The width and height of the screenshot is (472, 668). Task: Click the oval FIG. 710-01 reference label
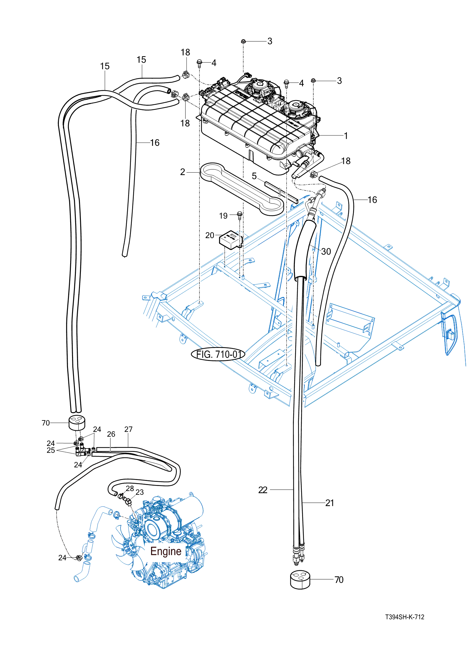218,354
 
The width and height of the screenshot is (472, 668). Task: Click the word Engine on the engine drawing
166,551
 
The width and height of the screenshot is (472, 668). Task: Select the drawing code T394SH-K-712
405,617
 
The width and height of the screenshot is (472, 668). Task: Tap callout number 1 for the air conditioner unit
346,136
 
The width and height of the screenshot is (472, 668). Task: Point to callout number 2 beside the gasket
183,172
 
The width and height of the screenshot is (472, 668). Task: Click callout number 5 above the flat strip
254,176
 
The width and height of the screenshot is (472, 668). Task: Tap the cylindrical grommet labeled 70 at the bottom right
300,580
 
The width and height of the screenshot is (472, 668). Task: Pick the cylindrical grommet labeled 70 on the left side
77,422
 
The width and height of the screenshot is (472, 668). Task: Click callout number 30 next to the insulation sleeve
326,251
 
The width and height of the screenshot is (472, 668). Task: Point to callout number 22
263,490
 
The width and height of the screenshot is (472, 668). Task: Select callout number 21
329,503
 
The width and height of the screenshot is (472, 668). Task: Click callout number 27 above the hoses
128,429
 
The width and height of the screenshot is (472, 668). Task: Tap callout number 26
111,434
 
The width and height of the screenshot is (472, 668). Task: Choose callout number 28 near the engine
130,488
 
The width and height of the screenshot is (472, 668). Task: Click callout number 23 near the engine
139,492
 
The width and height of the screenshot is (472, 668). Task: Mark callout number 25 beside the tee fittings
51,450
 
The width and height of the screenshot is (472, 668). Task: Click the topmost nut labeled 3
243,41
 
